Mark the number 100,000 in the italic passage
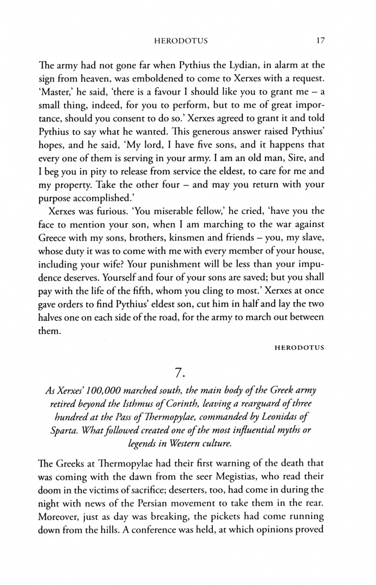[x=128, y=391]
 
